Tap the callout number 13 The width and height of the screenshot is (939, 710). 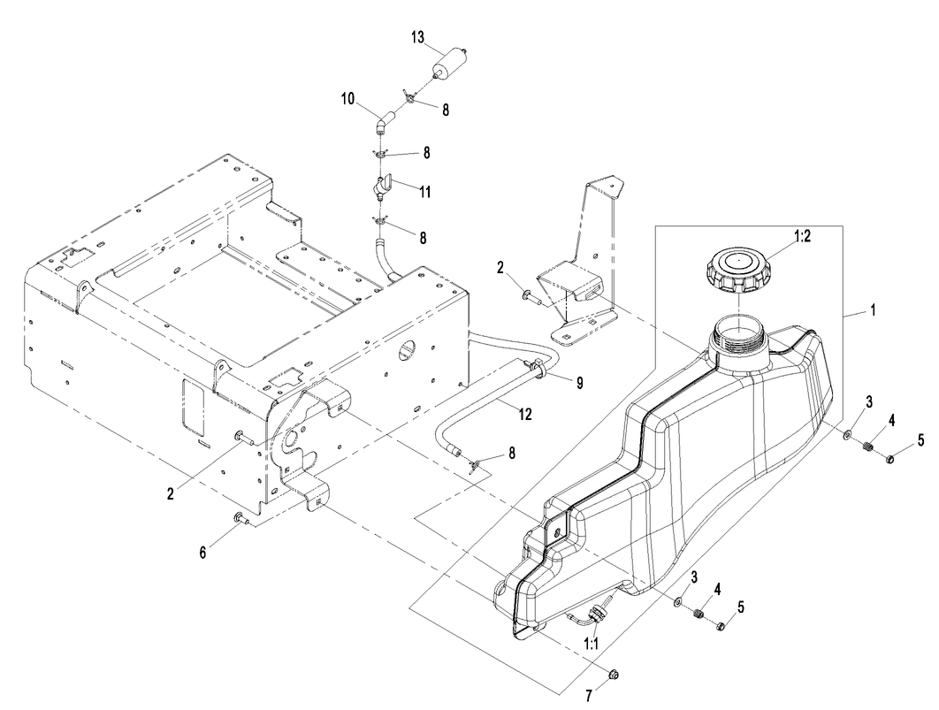[417, 37]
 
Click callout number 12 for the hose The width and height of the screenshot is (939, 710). [524, 415]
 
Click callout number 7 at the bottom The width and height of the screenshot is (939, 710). [589, 696]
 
